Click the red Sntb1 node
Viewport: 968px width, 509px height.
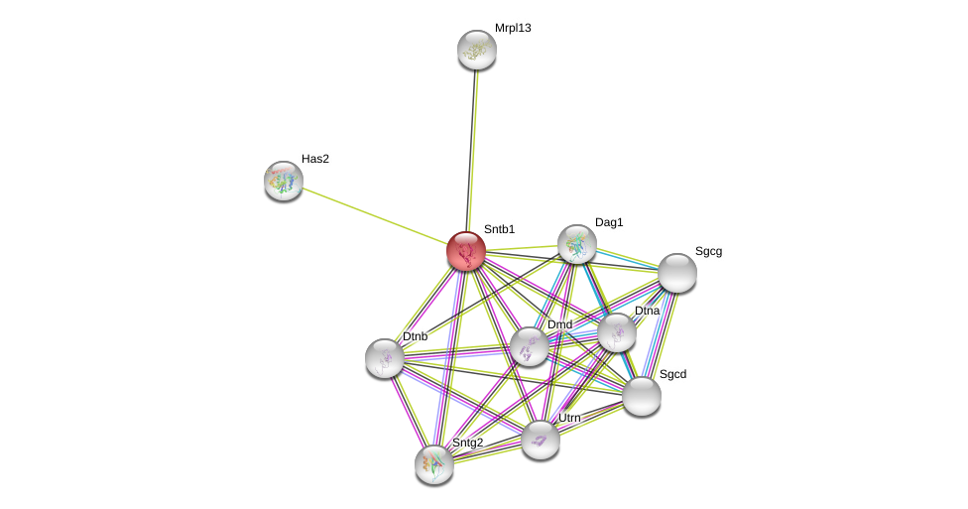tap(465, 251)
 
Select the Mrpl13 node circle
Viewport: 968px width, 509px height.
tap(477, 50)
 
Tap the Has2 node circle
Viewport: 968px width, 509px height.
tap(284, 181)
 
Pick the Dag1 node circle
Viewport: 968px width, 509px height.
tap(576, 244)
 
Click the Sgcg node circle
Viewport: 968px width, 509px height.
tap(677, 273)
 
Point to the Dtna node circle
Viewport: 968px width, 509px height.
tap(616, 332)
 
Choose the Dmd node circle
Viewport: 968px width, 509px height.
tap(529, 346)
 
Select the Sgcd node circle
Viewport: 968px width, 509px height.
tap(642, 396)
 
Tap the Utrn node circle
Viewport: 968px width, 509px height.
tap(541, 440)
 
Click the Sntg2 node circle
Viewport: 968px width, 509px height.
tap(434, 463)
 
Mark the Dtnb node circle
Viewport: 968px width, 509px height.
tap(385, 358)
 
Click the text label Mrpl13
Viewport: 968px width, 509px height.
tap(513, 28)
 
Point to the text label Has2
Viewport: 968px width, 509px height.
tap(315, 159)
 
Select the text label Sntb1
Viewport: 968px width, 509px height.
tap(499, 229)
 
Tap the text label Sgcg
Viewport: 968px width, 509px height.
tap(708, 251)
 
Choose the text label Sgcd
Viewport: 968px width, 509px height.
tap(672, 374)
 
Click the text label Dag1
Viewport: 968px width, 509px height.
tap(609, 222)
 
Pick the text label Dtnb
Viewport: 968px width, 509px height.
tap(415, 336)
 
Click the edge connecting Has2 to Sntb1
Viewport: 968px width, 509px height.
tap(374, 215)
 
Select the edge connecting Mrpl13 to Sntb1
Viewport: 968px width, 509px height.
tap(472, 149)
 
